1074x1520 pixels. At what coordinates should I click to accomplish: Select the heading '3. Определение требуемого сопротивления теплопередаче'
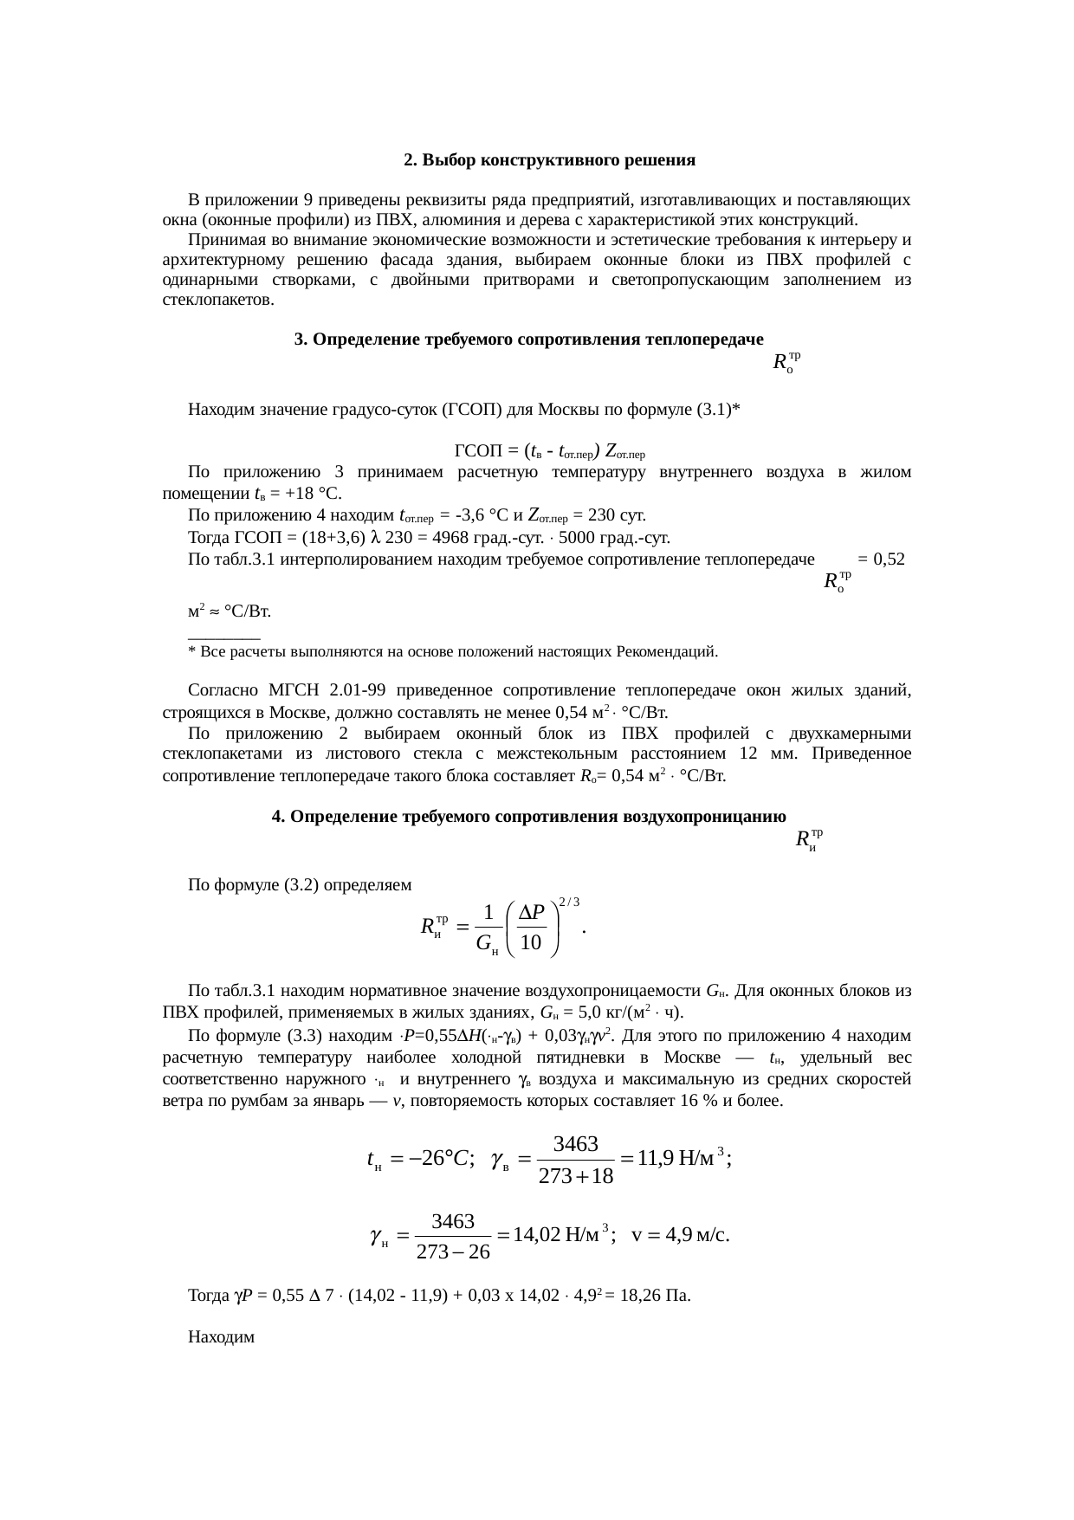click(528, 340)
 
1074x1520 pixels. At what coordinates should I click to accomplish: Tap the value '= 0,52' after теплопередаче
click(881, 559)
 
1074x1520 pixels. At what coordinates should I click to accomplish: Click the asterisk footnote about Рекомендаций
click(453, 650)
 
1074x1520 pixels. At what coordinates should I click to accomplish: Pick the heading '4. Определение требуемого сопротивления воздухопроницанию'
click(528, 817)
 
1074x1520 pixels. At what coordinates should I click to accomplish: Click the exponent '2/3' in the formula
click(569, 902)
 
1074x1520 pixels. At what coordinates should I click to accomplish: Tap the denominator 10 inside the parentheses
click(532, 942)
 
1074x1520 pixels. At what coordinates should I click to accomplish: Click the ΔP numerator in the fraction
click(531, 912)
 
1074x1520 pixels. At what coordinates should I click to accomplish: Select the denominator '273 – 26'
click(453, 1252)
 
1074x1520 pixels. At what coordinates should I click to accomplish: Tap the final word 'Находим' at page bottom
click(221, 1337)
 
